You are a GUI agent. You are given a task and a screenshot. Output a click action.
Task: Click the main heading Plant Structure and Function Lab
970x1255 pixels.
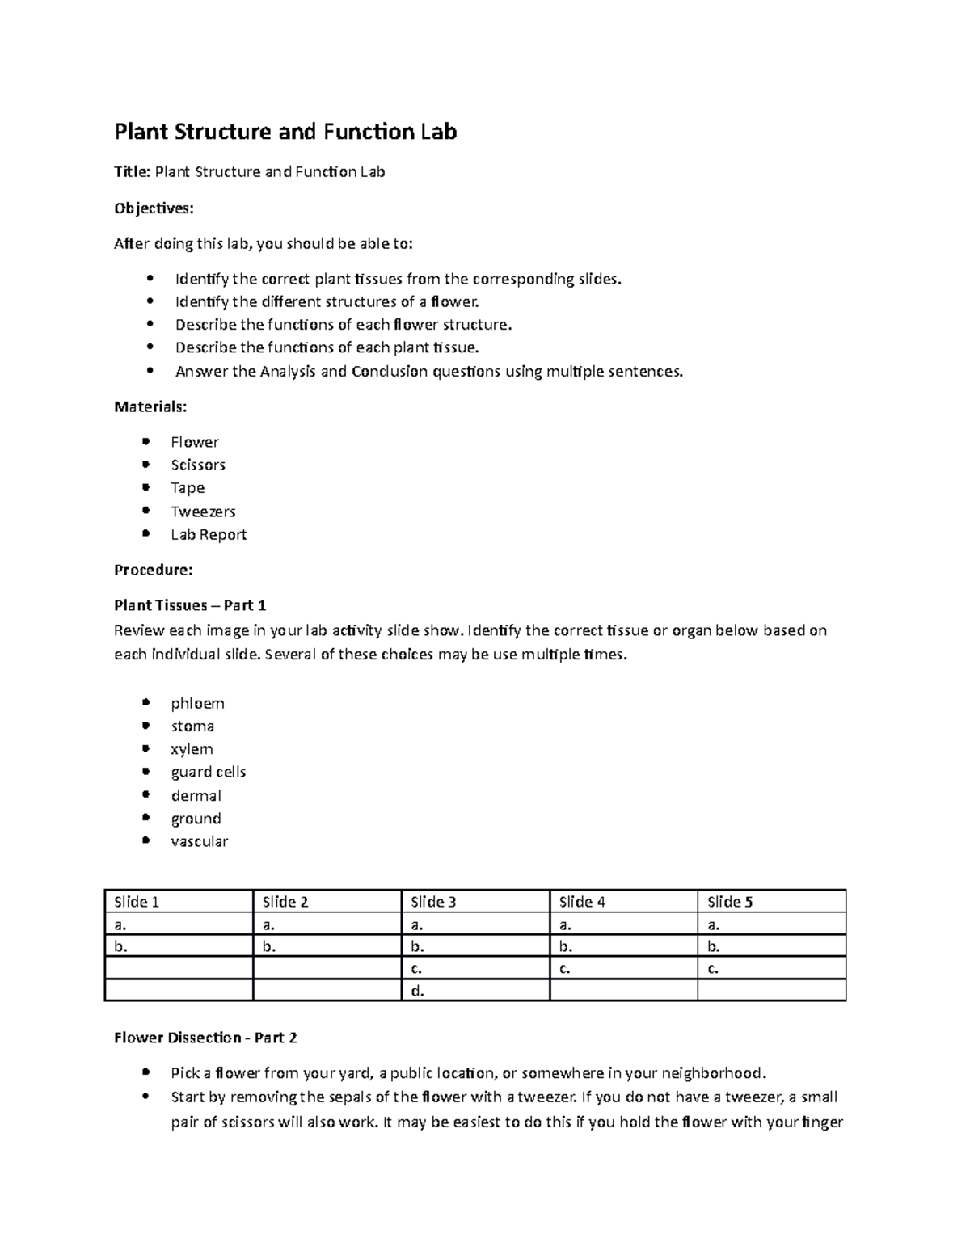pos(285,132)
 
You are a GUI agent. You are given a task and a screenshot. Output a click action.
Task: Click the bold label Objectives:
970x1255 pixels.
pos(154,208)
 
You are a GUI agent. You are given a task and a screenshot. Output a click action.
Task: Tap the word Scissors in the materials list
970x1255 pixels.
pos(198,465)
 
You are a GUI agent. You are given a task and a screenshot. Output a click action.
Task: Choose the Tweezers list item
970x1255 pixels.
pos(203,512)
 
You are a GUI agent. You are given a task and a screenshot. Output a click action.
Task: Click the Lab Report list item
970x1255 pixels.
pos(209,534)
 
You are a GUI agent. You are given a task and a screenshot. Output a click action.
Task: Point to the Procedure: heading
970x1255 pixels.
pos(154,570)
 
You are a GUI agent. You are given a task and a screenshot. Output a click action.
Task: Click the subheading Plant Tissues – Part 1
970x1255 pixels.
pos(190,605)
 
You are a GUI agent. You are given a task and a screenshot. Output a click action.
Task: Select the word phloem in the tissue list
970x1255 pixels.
pos(197,703)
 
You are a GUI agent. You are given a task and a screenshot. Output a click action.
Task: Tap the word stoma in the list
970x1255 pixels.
pos(192,726)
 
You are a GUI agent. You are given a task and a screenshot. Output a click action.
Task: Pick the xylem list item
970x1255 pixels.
pos(192,749)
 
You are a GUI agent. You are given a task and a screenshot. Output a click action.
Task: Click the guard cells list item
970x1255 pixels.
pos(209,772)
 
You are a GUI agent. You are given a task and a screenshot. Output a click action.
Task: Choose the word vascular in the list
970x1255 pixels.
pos(200,841)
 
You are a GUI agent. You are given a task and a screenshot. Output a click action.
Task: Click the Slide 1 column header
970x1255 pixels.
pos(137,902)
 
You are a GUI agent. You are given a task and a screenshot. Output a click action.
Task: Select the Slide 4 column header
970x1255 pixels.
pos(582,902)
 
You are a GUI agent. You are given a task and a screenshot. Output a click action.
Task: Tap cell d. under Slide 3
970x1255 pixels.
pos(417,991)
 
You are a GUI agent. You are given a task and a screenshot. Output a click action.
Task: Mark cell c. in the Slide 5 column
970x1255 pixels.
pos(713,968)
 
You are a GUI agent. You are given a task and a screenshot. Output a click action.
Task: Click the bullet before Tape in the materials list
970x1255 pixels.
pos(145,487)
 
